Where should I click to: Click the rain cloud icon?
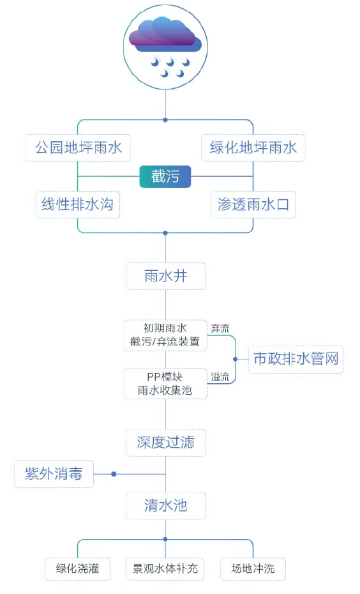pyautogui.click(x=165, y=47)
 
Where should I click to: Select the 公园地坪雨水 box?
pyautogui.click(x=78, y=148)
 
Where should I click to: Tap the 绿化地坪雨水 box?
pyautogui.click(x=253, y=148)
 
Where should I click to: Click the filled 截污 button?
pyautogui.click(x=165, y=176)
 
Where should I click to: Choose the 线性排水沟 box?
pyautogui.click(x=78, y=204)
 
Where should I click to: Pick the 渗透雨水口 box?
pyautogui.click(x=253, y=204)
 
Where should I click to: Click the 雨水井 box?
pyautogui.click(x=165, y=276)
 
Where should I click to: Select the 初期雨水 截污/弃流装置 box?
pyautogui.click(x=165, y=335)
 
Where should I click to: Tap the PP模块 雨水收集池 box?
pyautogui.click(x=165, y=383)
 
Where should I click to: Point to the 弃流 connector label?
pyautogui.click(x=220, y=328)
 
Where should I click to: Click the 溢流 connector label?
pyautogui.click(x=220, y=377)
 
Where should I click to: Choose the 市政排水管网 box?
pyautogui.click(x=296, y=359)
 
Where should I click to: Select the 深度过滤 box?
pyautogui.click(x=165, y=443)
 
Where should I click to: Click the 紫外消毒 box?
pyautogui.click(x=54, y=474)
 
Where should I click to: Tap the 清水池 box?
pyautogui.click(x=165, y=506)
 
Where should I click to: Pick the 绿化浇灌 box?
pyautogui.click(x=78, y=568)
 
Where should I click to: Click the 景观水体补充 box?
pyautogui.click(x=165, y=568)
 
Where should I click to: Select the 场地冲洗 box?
pyautogui.click(x=253, y=568)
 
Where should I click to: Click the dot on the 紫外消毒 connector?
pyautogui.click(x=114, y=474)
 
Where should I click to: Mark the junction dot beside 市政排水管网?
pyautogui.click(x=235, y=359)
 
